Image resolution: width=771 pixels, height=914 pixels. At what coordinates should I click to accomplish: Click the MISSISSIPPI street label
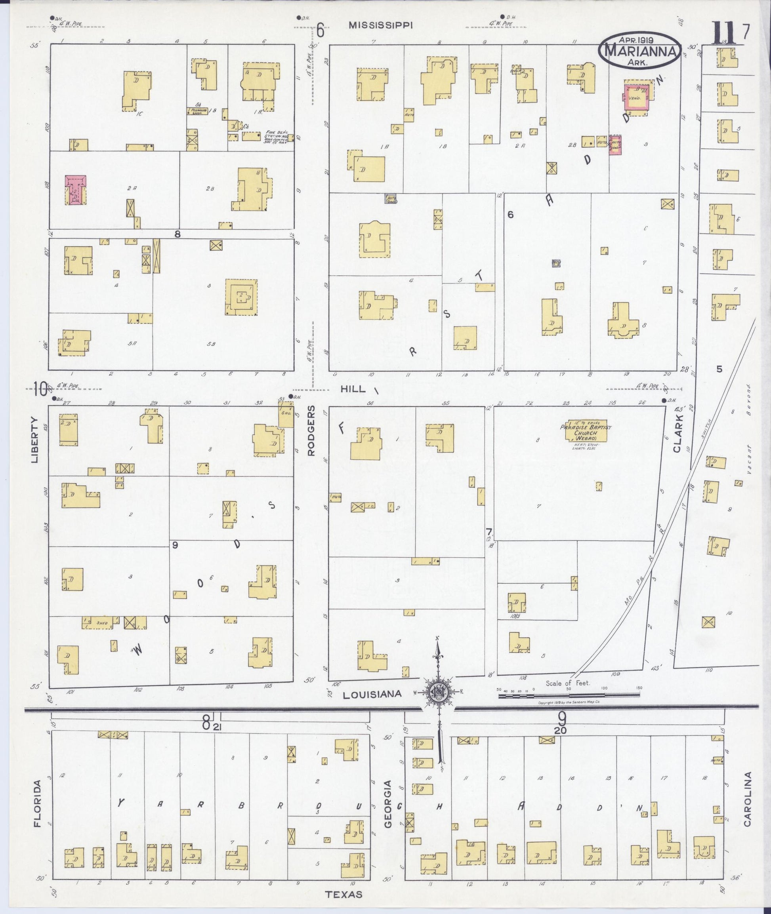[x=380, y=25]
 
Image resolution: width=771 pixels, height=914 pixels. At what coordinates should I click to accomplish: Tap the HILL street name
[x=353, y=389]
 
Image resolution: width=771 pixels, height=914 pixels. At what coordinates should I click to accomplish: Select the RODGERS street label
[x=311, y=430]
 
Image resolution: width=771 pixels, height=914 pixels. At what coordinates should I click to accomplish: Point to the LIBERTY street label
[x=35, y=440]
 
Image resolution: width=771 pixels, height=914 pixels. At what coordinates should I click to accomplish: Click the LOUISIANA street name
[x=372, y=694]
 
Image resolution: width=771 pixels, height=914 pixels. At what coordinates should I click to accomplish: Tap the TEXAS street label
[x=344, y=894]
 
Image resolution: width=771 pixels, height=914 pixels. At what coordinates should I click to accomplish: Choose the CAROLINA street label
[x=747, y=799]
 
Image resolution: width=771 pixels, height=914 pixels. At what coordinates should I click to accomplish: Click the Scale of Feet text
[x=567, y=683]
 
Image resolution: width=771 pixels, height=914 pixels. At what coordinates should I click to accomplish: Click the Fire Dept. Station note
[x=275, y=137]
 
